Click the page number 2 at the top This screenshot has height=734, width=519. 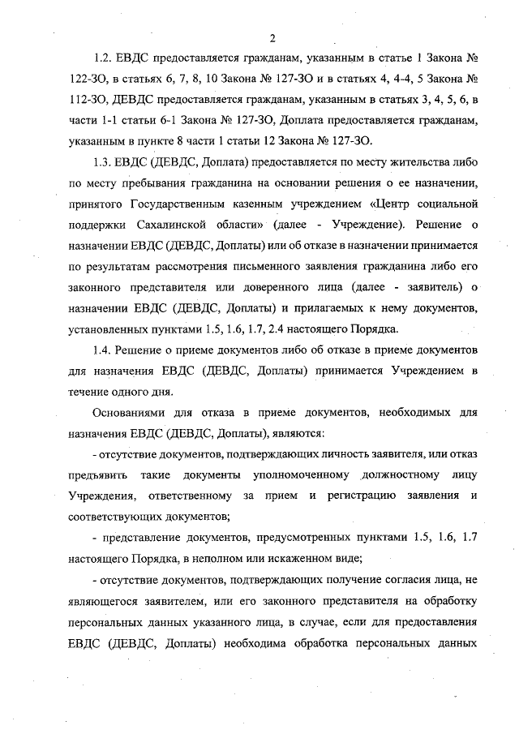tap(273, 37)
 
